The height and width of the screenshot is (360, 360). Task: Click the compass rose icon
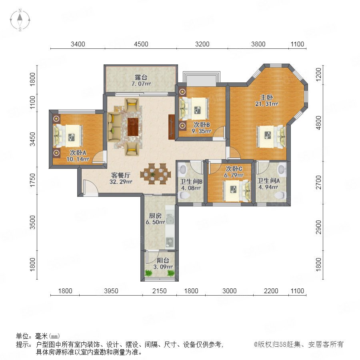(x=20, y=20)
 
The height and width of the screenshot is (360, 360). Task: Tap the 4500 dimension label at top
(x=141, y=44)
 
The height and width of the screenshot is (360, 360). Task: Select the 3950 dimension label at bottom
(x=111, y=291)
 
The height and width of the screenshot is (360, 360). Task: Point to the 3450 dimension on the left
(x=33, y=139)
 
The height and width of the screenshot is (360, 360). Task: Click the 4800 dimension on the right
(x=318, y=123)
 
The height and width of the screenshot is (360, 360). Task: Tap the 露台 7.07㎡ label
(x=141, y=80)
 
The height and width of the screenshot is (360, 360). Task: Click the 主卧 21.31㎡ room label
(x=266, y=100)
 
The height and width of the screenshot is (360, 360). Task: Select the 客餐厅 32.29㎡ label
(x=121, y=179)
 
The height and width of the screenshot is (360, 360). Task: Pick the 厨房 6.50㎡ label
(x=155, y=219)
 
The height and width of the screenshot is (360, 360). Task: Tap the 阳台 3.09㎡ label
(x=163, y=264)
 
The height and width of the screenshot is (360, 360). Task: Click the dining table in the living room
(x=156, y=174)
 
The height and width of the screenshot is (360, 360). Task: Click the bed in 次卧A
(x=68, y=136)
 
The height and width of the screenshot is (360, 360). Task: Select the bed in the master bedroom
(x=271, y=137)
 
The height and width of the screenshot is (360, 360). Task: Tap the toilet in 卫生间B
(x=184, y=195)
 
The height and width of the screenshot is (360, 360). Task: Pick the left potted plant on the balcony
(x=148, y=273)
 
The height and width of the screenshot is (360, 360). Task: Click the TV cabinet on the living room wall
(x=172, y=127)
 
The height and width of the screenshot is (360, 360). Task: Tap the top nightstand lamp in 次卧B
(x=182, y=92)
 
